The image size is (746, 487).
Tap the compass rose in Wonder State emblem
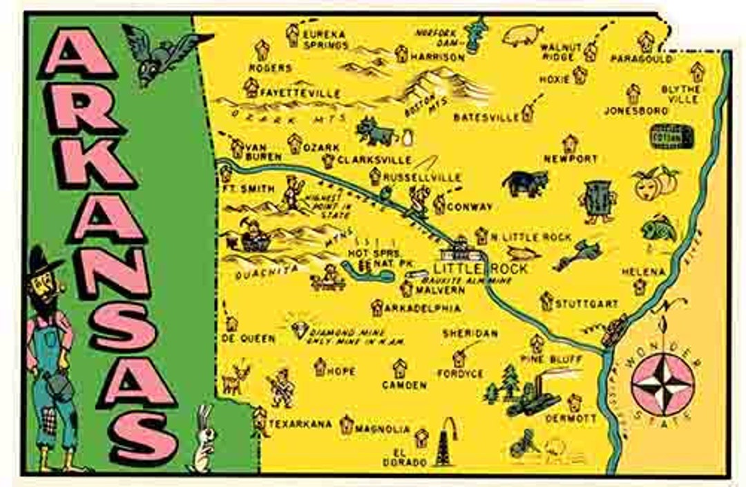pyautogui.click(x=663, y=384)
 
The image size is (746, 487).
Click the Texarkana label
pyautogui.click(x=300, y=423)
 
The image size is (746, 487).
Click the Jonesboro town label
pyautogui.click(x=635, y=111)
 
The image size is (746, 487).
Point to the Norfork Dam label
pyautogui.click(x=437, y=40)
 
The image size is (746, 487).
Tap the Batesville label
pyautogui.click(x=486, y=117)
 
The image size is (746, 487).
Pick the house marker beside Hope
pyautogui.click(x=320, y=367)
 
